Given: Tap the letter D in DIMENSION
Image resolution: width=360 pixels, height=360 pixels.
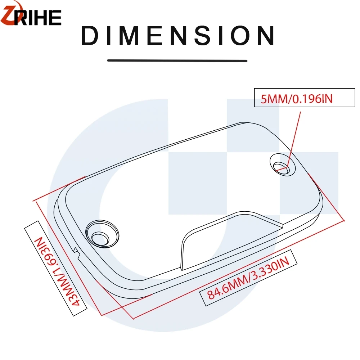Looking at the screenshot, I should click(91, 36).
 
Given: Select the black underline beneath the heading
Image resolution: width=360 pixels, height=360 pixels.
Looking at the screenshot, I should click(177, 60).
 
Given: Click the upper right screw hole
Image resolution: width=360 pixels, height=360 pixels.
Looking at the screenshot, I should click(282, 166).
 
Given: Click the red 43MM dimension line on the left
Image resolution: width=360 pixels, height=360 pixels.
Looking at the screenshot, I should click(68, 256).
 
